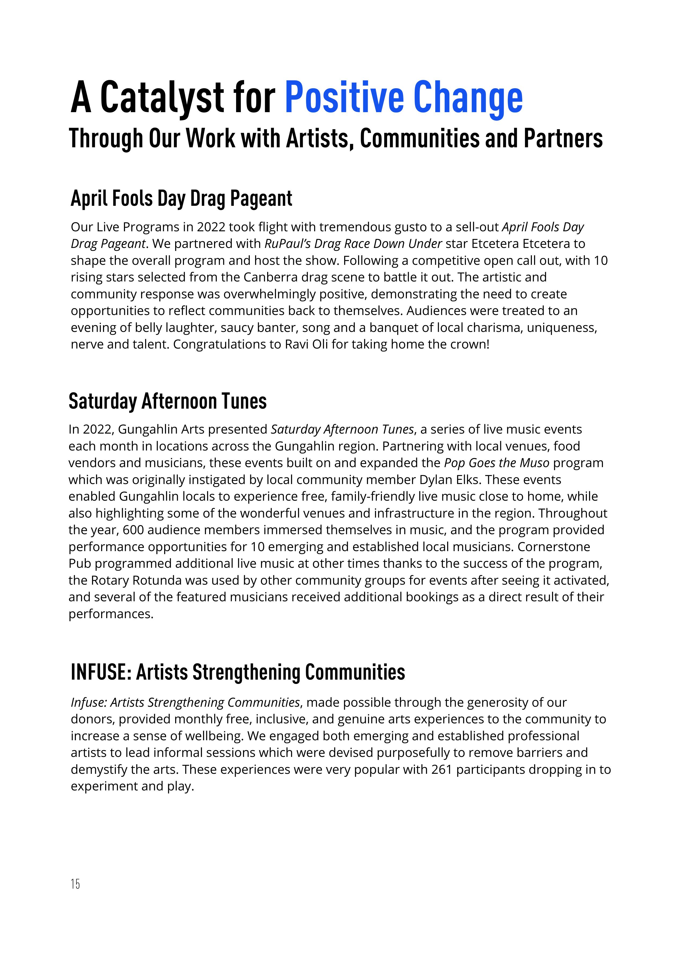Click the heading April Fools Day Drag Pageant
182,198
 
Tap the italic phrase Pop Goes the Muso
497,463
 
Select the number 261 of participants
442,769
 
